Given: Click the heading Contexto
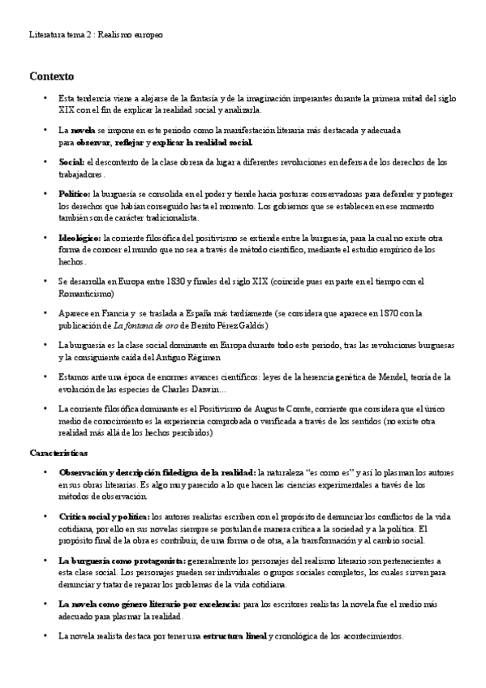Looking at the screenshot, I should click(51, 77).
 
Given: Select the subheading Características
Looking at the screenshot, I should click(58, 452).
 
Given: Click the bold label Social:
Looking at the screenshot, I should click(71, 162).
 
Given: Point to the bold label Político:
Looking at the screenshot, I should click(75, 194).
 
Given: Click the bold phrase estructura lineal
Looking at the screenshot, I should click(234, 636).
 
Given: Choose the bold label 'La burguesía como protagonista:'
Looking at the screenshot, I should click(122, 560).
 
